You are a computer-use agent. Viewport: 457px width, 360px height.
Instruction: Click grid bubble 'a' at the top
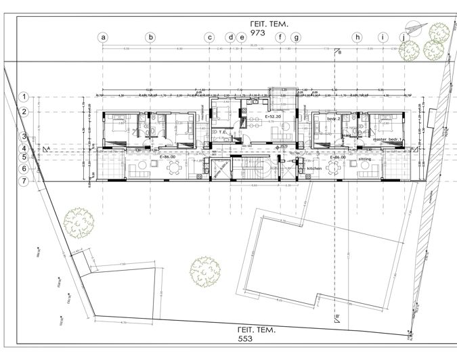pos(104,37)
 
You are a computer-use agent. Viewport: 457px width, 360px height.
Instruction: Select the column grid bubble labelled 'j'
pos(404,37)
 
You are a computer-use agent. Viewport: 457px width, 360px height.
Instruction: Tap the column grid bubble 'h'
pos(357,37)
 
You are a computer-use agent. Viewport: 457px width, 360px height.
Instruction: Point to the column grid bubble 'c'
pos(210,37)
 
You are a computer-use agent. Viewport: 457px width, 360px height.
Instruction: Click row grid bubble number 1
pos(23,97)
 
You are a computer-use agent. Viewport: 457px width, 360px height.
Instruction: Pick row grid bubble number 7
pos(23,181)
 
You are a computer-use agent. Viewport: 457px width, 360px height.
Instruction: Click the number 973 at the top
pos(259,32)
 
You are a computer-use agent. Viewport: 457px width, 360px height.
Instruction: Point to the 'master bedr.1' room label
pos(387,139)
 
